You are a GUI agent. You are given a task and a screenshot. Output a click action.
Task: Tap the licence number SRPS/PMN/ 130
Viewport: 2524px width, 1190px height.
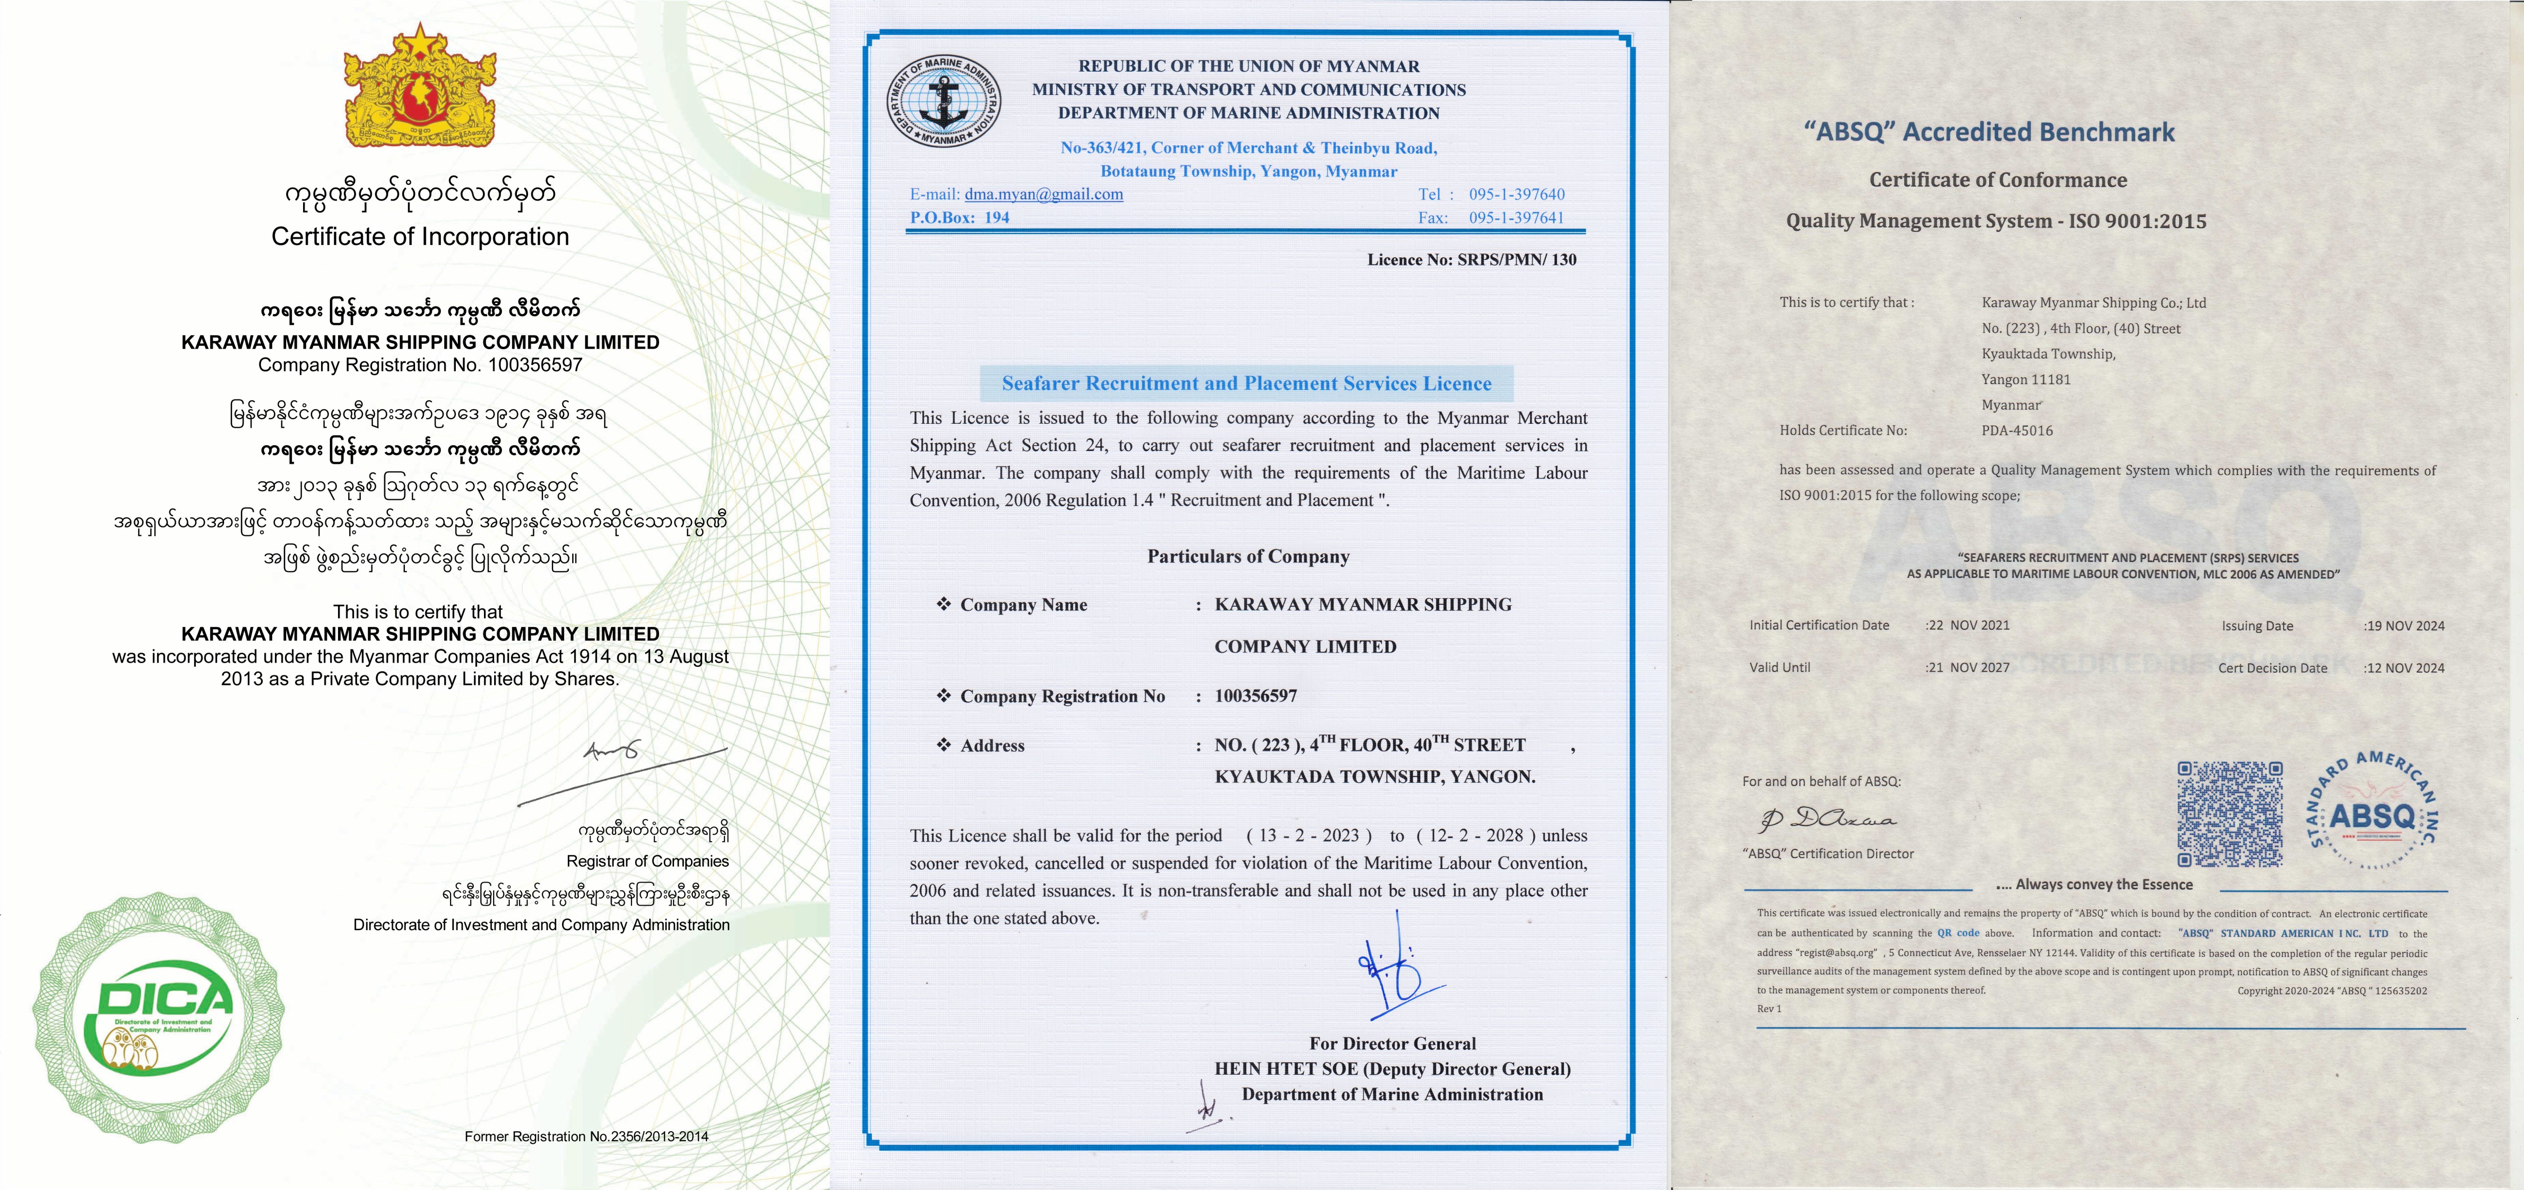click(1517, 259)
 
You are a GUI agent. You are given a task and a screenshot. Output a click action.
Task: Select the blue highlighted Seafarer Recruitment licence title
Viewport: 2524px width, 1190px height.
click(1246, 383)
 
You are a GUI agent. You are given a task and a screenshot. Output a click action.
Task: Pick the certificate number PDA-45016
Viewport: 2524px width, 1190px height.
click(2016, 430)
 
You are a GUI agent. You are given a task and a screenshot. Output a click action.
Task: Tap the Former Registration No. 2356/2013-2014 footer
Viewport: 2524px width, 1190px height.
click(586, 1136)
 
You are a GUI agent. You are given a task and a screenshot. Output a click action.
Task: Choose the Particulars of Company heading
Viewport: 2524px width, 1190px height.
click(1248, 556)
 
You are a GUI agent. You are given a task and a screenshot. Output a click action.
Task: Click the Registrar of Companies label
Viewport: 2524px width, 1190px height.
click(648, 861)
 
